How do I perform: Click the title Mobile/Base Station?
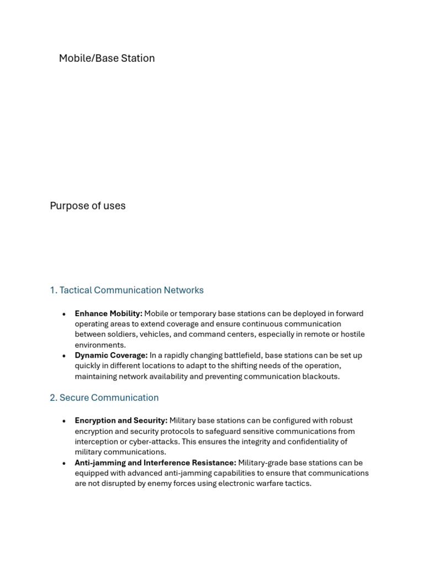click(107, 58)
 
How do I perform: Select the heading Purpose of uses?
click(88, 206)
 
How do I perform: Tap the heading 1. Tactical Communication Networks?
click(126, 290)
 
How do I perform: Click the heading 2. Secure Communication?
click(104, 397)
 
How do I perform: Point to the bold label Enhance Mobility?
click(108, 313)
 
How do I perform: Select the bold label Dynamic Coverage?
click(111, 355)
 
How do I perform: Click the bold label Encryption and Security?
click(121, 421)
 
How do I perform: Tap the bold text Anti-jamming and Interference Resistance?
click(155, 463)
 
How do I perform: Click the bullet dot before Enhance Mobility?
click(64, 314)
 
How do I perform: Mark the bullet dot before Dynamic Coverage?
click(64, 356)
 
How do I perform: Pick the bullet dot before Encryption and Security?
click(64, 421)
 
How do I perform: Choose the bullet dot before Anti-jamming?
click(64, 463)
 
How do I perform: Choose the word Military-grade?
click(265, 463)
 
